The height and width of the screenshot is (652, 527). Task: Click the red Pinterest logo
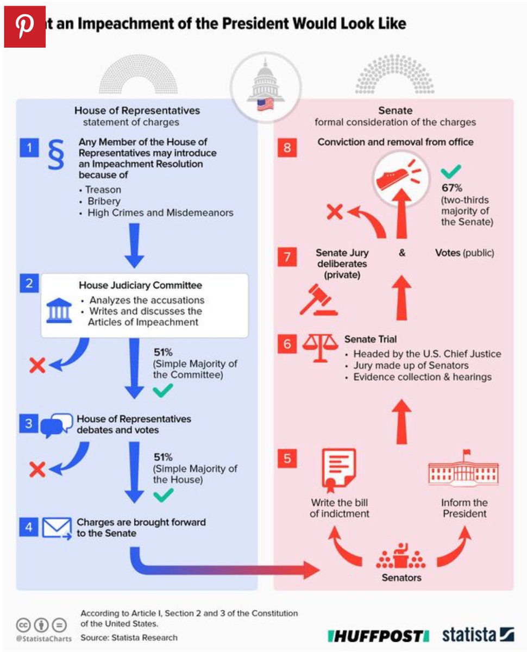(25, 27)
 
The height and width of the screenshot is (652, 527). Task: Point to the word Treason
(103, 190)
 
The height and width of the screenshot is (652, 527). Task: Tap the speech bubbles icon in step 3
(57, 425)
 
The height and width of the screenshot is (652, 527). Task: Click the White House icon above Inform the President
(463, 469)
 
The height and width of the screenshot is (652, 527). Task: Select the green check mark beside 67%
(450, 172)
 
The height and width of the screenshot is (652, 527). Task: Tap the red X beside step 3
(37, 469)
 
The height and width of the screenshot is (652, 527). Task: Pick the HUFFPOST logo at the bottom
(378, 635)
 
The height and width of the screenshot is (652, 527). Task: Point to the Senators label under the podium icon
(401, 578)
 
